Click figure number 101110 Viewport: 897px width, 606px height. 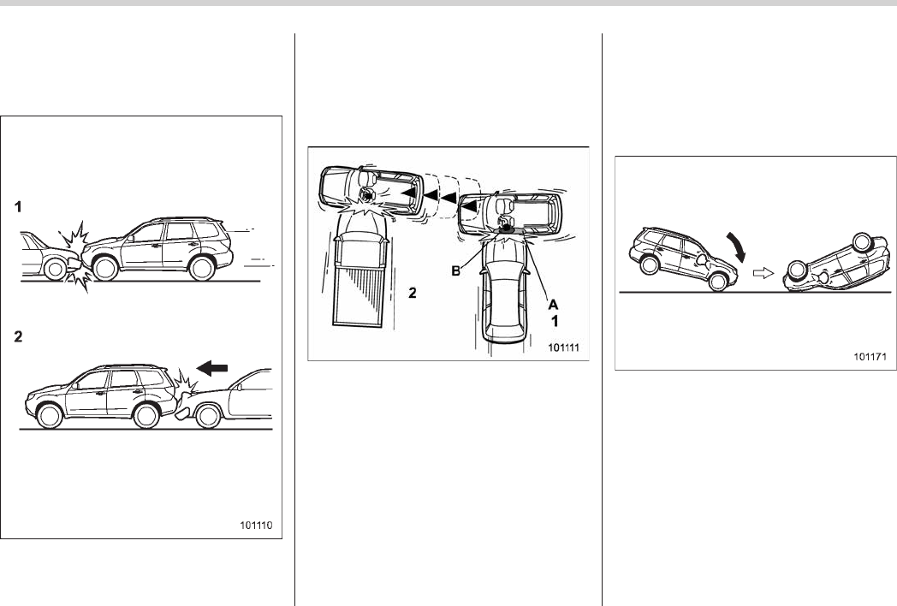(256, 526)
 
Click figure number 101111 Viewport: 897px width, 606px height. (563, 348)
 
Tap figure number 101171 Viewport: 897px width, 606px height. (870, 357)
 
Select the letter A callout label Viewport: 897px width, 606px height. (553, 305)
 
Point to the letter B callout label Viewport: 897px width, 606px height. (456, 270)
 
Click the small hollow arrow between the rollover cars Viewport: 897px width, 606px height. (763, 274)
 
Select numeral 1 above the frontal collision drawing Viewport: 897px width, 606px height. (18, 206)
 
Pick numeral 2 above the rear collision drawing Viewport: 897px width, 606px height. (18, 336)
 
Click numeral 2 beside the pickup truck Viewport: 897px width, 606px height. (412, 293)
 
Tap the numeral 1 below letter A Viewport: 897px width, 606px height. (554, 321)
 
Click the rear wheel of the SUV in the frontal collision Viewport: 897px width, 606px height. (201, 268)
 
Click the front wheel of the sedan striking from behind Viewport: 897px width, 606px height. (208, 416)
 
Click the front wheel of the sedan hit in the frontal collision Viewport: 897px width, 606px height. (55, 269)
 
